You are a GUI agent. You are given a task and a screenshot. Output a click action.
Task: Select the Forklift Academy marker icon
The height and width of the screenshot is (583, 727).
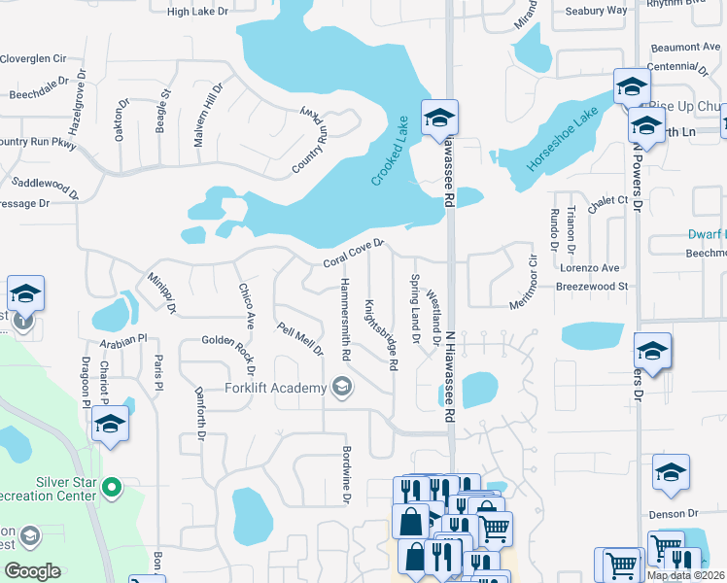click(x=341, y=389)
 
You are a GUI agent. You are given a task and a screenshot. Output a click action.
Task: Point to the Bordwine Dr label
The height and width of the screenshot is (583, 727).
click(x=345, y=474)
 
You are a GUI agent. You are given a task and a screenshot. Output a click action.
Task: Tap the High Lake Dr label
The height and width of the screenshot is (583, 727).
click(x=197, y=12)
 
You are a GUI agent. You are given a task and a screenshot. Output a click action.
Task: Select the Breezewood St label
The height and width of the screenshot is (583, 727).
click(x=593, y=287)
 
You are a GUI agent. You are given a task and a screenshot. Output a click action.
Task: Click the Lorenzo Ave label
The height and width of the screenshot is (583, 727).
click(x=594, y=267)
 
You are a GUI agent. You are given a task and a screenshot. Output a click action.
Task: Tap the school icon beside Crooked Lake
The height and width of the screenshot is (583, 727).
click(x=439, y=119)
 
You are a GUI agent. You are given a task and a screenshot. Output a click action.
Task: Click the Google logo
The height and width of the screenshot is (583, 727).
click(x=32, y=571)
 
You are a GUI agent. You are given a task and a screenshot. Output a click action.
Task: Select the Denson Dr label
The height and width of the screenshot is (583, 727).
click(x=679, y=513)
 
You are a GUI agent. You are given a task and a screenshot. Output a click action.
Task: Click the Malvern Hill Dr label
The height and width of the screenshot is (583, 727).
click(x=208, y=115)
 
